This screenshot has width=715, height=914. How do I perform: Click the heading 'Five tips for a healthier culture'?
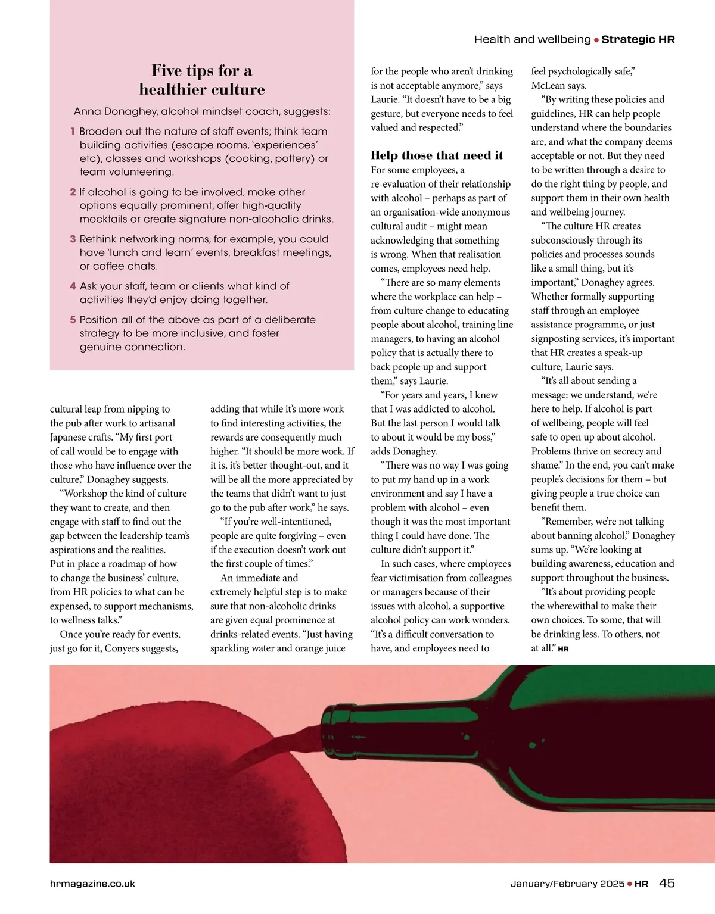(201, 80)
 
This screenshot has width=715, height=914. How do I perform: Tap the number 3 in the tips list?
(73, 239)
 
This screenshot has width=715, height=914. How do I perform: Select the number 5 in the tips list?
(73, 320)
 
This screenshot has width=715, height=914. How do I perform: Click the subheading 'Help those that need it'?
(436, 155)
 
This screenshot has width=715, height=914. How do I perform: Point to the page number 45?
(667, 883)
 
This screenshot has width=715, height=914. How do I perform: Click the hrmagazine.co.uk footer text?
(92, 884)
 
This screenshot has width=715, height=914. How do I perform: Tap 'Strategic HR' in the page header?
(638, 39)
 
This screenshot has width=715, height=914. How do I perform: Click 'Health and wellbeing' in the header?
(532, 39)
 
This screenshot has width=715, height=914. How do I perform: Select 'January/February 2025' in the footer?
(567, 884)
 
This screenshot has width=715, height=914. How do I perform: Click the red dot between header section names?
(596, 40)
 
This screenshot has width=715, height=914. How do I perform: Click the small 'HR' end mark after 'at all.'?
(563, 649)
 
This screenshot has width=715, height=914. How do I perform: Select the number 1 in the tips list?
(73, 131)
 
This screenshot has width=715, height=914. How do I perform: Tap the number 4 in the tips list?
(73, 286)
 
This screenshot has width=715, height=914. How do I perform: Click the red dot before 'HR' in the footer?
(629, 884)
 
